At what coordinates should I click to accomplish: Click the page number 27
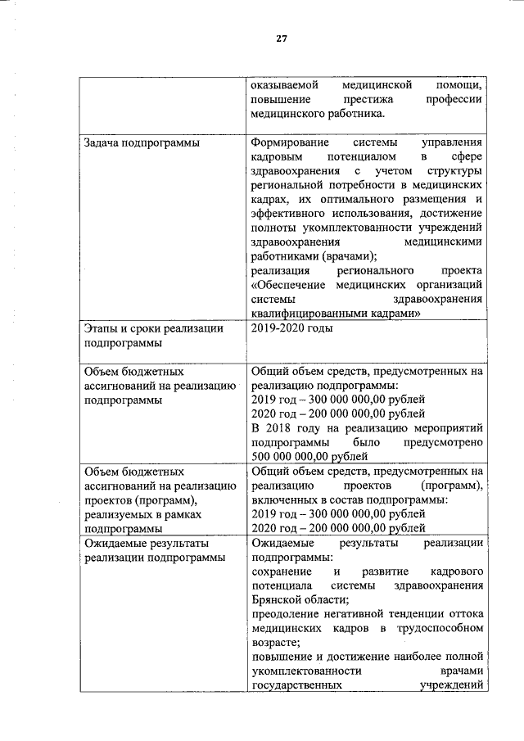(x=280, y=38)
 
